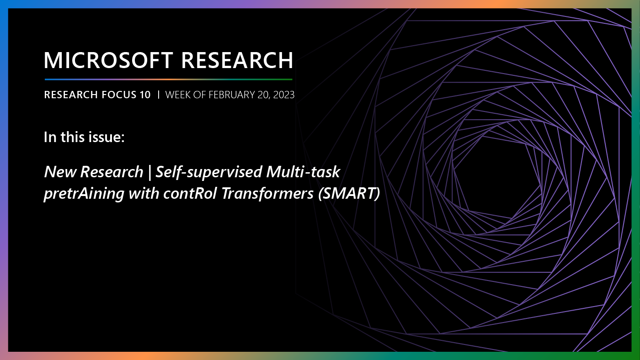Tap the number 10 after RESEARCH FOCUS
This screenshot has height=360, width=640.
(x=144, y=95)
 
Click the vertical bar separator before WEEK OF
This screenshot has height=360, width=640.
(x=158, y=95)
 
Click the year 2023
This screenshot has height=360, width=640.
(x=283, y=95)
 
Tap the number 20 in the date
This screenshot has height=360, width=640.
(x=261, y=95)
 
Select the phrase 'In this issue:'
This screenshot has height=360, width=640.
(x=84, y=137)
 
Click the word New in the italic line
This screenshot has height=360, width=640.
(x=60, y=172)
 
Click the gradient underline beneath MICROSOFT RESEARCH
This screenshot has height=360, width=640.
(x=168, y=79)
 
